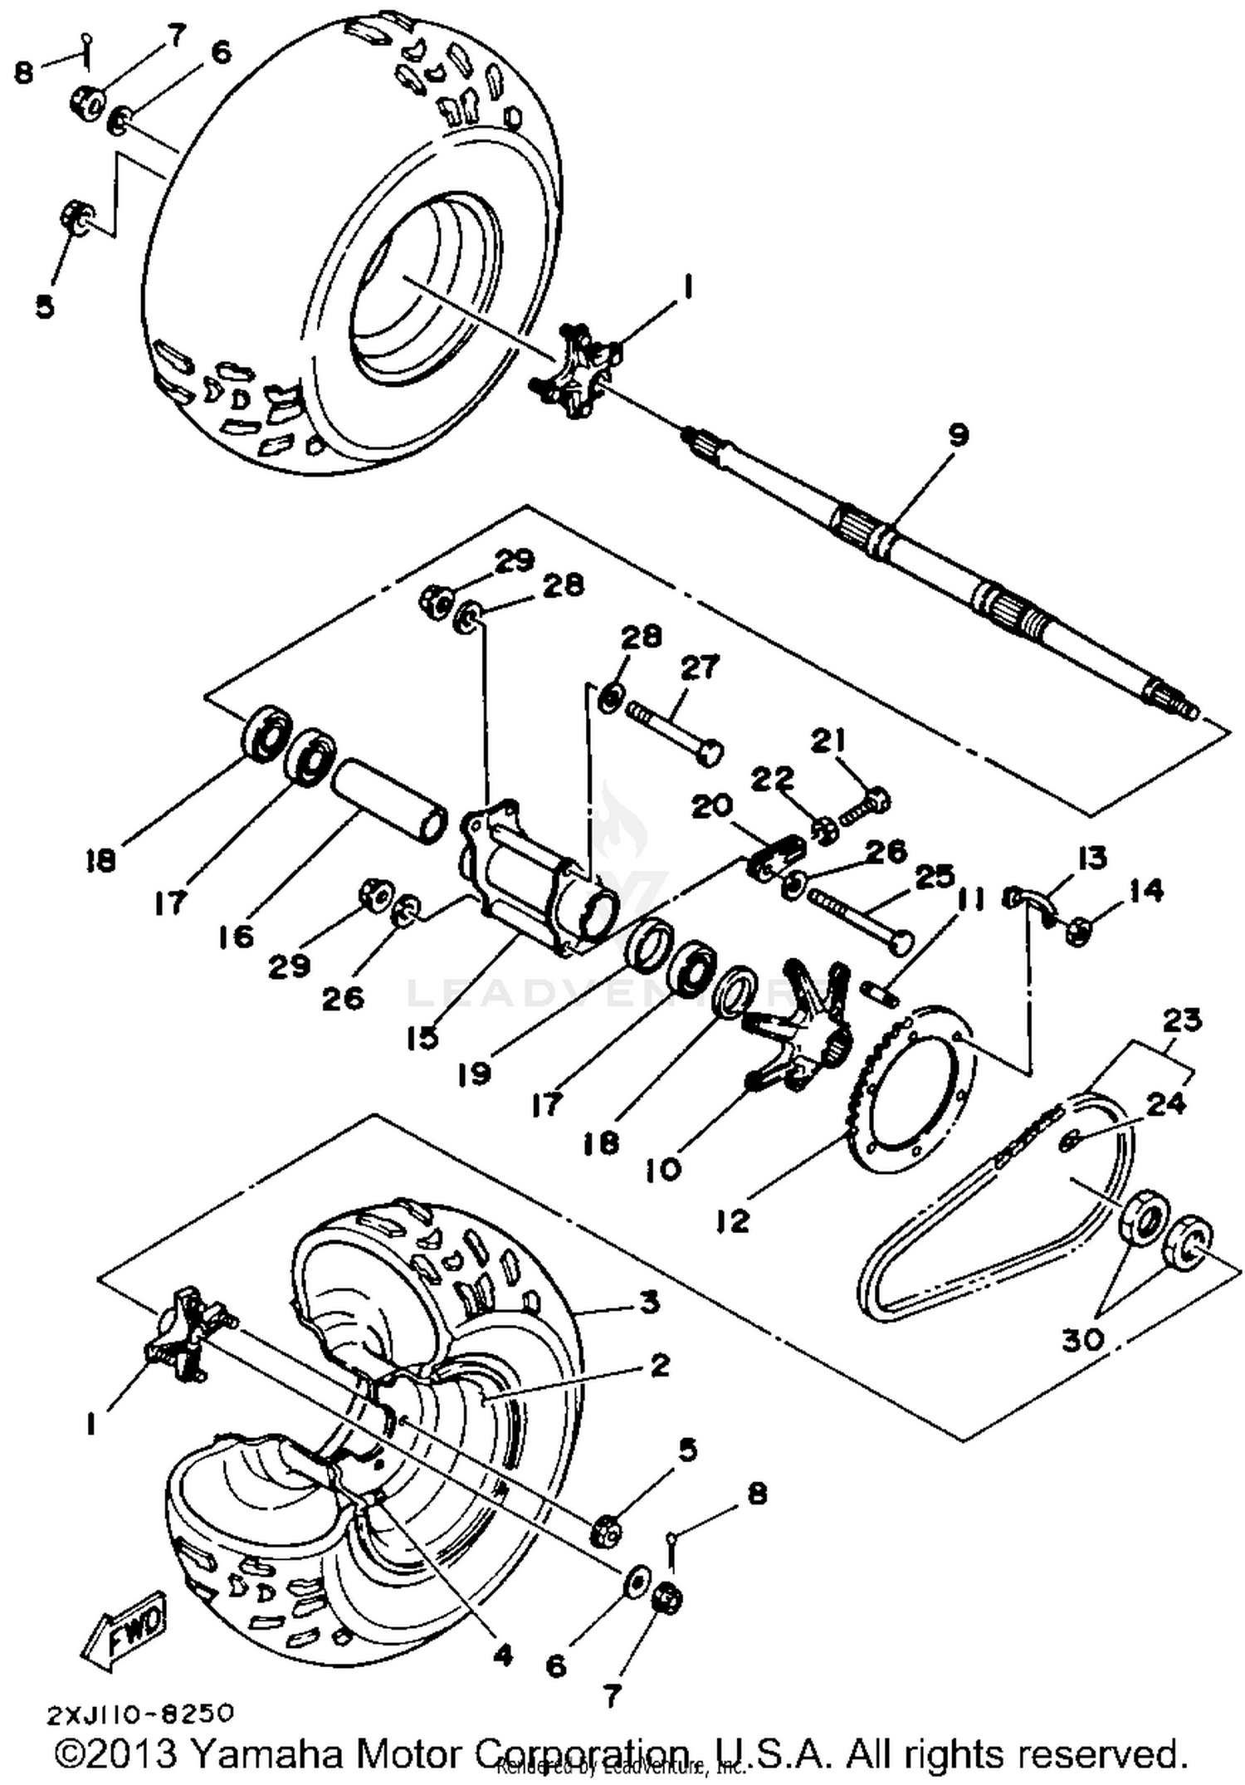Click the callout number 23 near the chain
pos(1181,1020)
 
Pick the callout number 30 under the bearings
pos(1083,1338)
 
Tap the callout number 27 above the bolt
pos(700,667)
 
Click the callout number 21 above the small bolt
pos(828,741)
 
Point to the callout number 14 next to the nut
pos(1145,891)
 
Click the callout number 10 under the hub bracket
pos(663,1170)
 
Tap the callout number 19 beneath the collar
pos(474,1074)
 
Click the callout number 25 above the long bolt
pos(935,876)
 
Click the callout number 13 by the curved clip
pos(1092,857)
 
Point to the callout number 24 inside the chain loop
pos(1165,1104)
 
